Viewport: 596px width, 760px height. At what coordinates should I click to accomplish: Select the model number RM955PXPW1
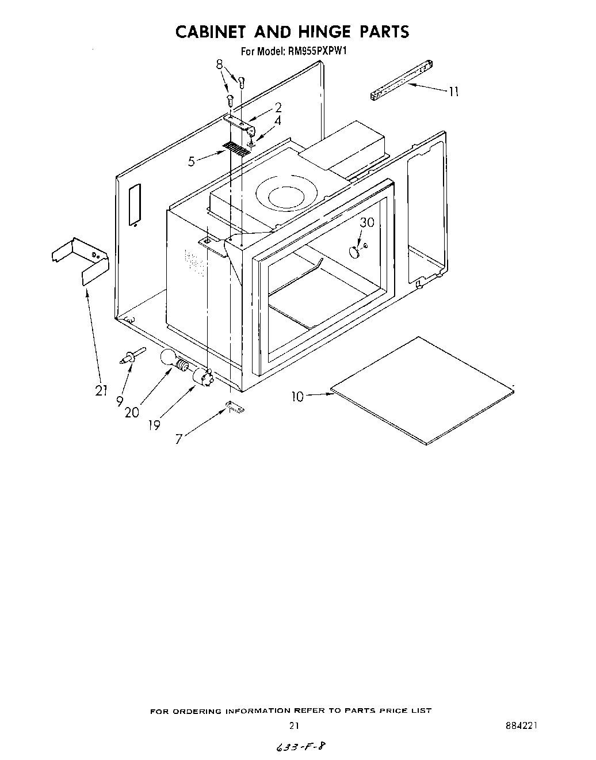[317, 51]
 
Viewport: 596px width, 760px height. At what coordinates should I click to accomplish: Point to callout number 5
[192, 162]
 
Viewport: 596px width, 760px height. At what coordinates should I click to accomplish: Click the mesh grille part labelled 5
[236, 149]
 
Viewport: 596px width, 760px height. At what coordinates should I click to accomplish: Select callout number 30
[367, 222]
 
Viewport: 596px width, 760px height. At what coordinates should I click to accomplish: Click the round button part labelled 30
[354, 251]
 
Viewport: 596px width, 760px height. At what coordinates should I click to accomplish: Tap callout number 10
[297, 397]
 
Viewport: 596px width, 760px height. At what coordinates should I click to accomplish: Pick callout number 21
[101, 390]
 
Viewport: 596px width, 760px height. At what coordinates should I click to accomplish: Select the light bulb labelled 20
[170, 361]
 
